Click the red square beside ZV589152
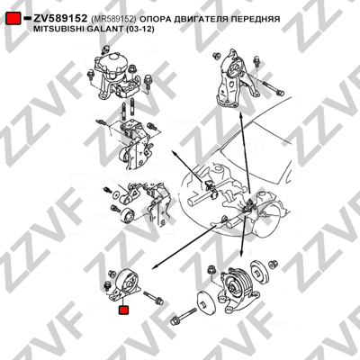[13, 19]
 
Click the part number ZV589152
[60, 19]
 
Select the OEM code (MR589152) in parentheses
[113, 19]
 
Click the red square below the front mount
[123, 310]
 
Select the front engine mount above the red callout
[124, 285]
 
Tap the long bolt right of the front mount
[154, 298]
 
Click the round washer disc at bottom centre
[204, 302]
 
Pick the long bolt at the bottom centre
[184, 317]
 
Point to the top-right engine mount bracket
[232, 78]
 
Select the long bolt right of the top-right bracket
[274, 88]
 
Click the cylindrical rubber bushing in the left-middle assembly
[128, 215]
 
